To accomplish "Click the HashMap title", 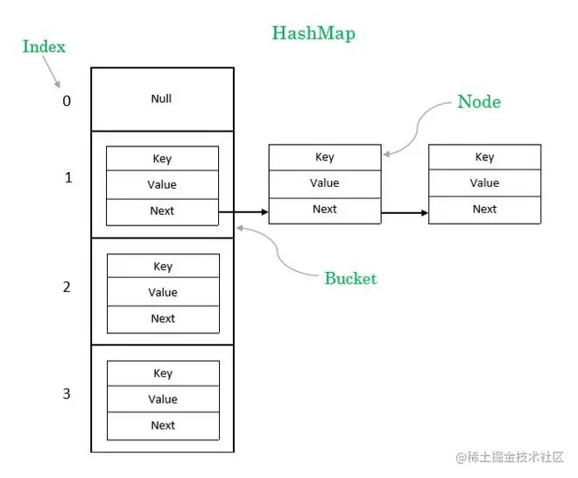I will point(313,34).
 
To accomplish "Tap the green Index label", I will point(44,46).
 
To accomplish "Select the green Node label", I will point(479,102).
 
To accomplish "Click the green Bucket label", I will point(350,279).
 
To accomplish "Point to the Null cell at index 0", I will point(162,99).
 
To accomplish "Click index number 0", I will point(67,101).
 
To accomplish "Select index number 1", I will point(67,178).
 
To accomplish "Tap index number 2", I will point(67,287).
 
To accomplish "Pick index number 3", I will point(67,394).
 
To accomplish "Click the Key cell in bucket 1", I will point(162,159).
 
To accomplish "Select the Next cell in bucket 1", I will point(162,211).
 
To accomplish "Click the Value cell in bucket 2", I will point(162,293).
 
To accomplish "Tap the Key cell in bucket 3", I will point(162,374).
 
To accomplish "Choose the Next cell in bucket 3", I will point(162,426).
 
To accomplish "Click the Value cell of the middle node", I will point(324,183).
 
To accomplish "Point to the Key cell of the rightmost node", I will point(484,158).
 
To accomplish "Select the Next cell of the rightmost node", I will point(484,210).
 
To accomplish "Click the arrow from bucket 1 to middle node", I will point(243,211).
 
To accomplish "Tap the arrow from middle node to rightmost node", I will point(405,211).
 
